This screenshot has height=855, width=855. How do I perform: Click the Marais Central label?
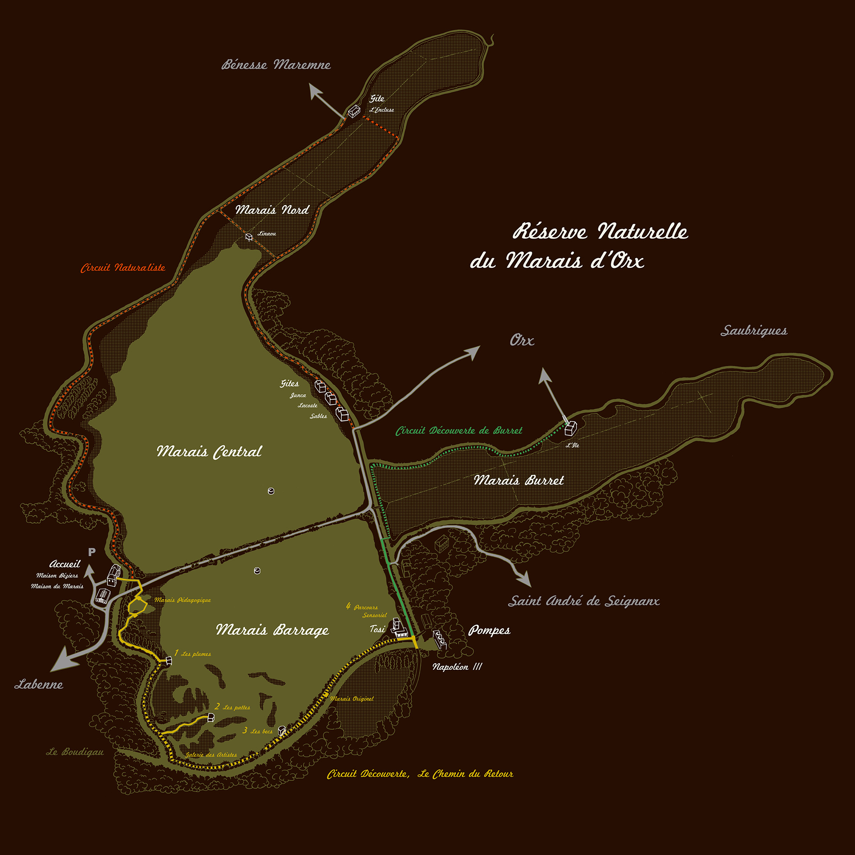coord(209,452)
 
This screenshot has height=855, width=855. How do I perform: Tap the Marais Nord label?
coord(272,210)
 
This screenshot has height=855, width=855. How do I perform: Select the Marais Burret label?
coord(519,480)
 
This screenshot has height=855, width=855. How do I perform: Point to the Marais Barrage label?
coord(272,630)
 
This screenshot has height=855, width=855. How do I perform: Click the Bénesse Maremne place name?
coord(276,65)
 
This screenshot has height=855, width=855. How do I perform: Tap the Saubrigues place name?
coord(754,331)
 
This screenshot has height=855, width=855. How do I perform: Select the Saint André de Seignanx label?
coord(584,601)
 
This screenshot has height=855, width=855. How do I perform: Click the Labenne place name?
coord(39,685)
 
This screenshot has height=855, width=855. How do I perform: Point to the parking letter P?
coord(92,552)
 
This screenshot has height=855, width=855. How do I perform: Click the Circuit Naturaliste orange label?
coord(123,268)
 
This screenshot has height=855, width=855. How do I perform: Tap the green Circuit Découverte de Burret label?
coord(459,431)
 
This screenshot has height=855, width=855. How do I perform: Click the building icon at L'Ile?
coord(571,429)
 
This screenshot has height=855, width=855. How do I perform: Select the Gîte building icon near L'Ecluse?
coord(354,111)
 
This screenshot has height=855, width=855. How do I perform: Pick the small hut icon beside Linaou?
coord(249,237)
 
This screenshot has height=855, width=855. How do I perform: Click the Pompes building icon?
coord(440,640)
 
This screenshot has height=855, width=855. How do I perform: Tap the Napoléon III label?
coord(457,667)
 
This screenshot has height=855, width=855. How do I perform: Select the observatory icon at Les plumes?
coord(169,661)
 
